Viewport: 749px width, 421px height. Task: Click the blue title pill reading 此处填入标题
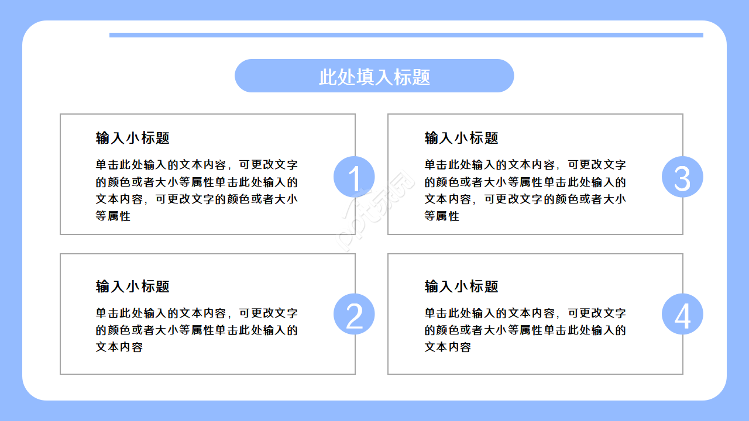(x=374, y=76)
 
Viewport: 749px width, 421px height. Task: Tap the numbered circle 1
(x=354, y=177)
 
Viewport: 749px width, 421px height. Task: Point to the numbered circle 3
(x=682, y=177)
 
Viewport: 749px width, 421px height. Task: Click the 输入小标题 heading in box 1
(x=133, y=138)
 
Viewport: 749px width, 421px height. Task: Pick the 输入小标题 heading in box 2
(x=133, y=287)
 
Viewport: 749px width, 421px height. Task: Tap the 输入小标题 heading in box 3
(x=461, y=138)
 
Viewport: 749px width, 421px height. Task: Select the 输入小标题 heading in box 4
(x=461, y=287)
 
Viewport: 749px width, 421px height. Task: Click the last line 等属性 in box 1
(x=113, y=216)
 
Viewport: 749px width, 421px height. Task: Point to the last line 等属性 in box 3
(x=442, y=216)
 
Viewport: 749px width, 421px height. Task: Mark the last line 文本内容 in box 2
(x=119, y=347)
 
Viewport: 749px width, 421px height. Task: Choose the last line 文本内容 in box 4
(x=448, y=347)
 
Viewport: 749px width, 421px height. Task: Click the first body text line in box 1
(x=197, y=165)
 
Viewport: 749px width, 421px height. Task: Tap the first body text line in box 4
(x=525, y=313)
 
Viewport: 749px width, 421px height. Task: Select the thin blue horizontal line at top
(x=406, y=35)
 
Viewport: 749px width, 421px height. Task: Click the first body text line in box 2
(x=197, y=313)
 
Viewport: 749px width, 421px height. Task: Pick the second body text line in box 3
(x=525, y=182)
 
